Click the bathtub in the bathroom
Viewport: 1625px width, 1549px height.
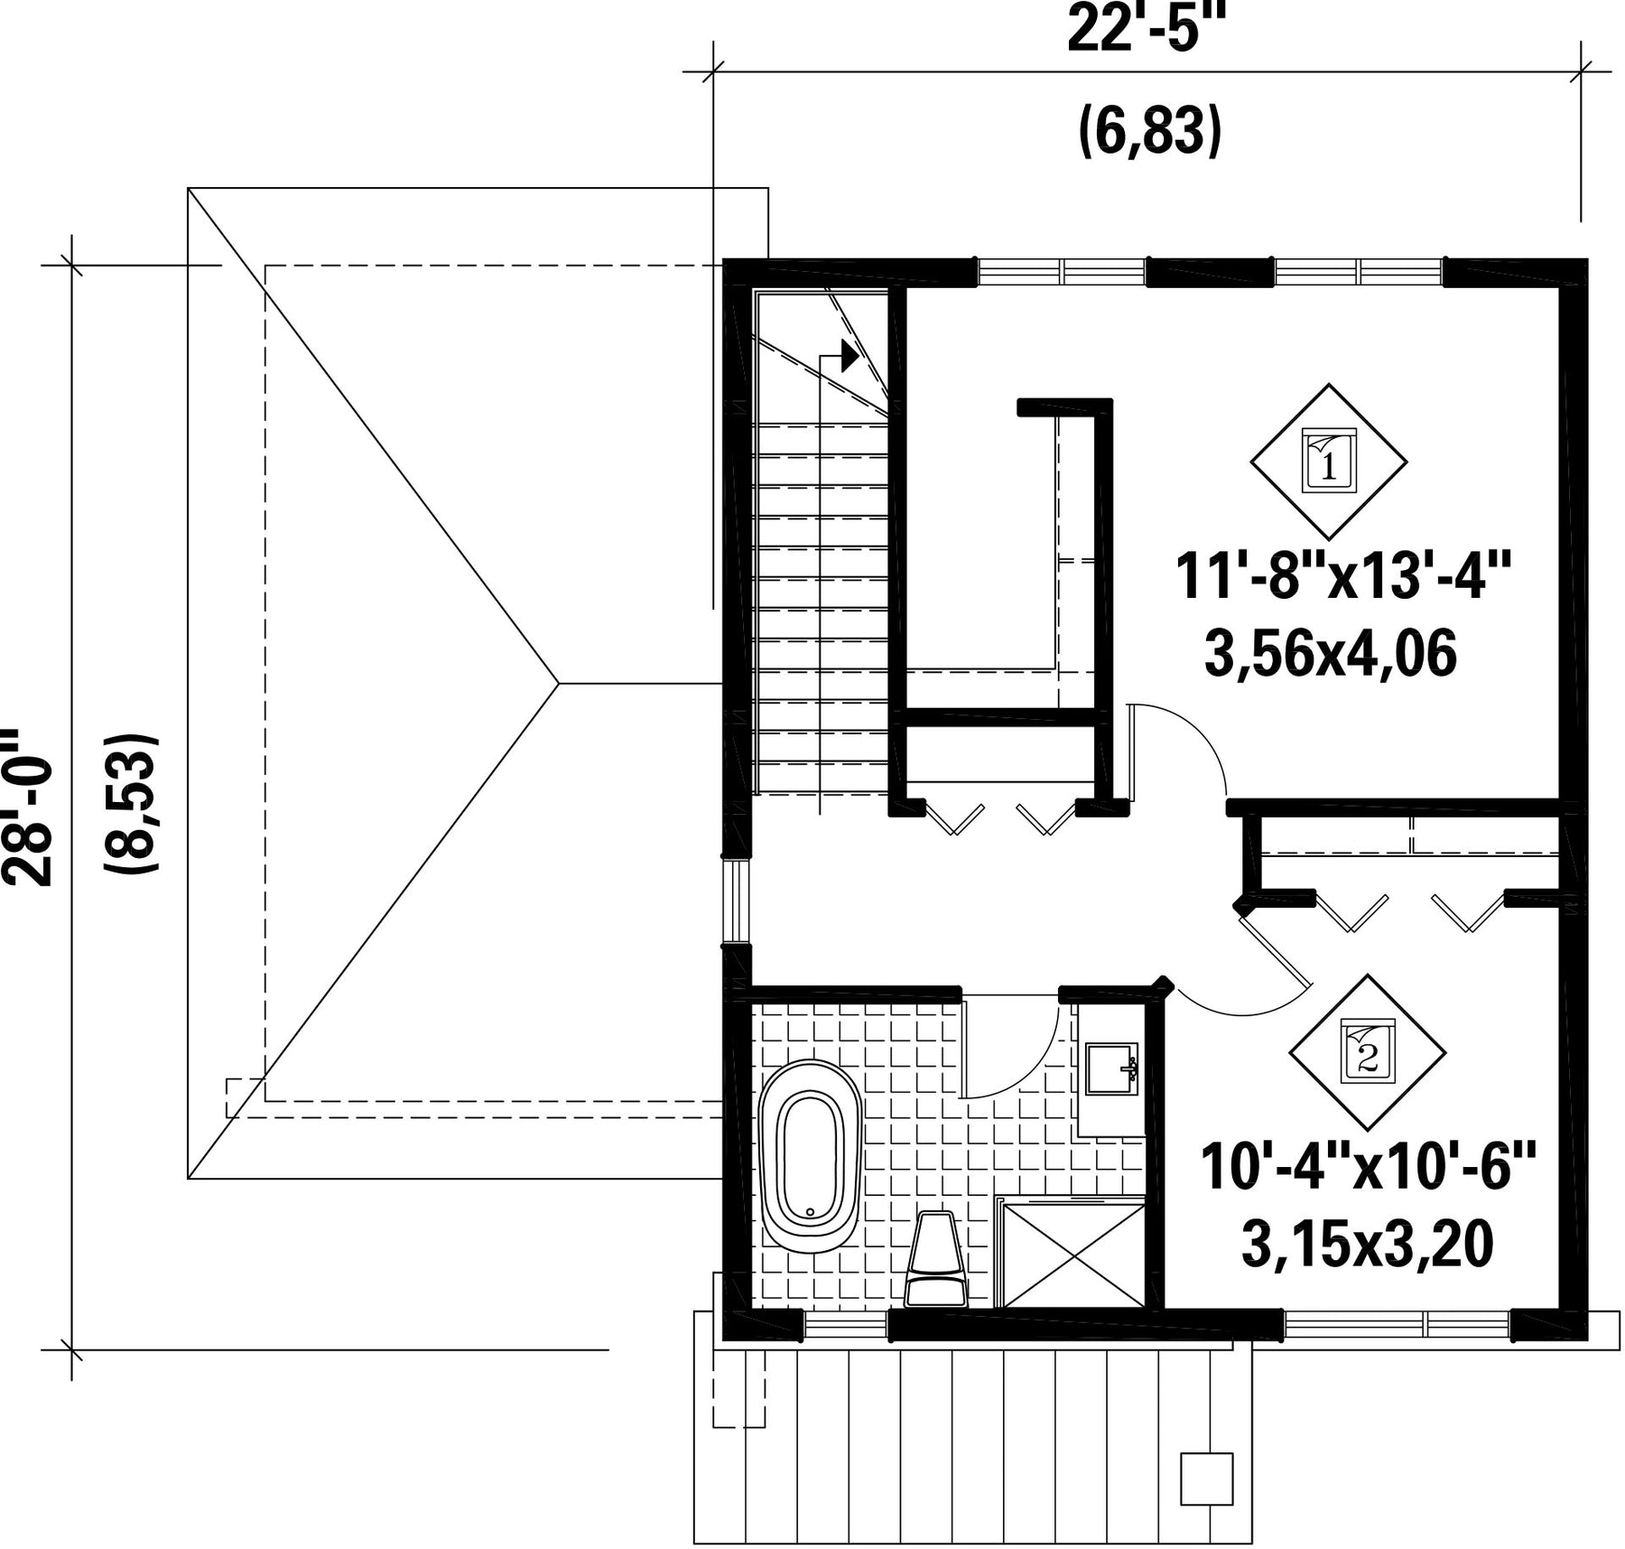[x=810, y=1157]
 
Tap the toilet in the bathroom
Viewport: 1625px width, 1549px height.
[x=936, y=1258]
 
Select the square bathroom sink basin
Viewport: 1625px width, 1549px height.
[x=1111, y=1069]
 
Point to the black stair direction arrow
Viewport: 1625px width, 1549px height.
[x=850, y=356]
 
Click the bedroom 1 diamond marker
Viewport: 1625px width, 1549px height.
[x=1328, y=461]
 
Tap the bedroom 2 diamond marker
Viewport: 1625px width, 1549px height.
[x=1367, y=1052]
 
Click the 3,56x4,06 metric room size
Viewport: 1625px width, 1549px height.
[x=1331, y=654]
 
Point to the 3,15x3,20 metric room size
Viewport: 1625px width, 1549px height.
[x=1367, y=1245]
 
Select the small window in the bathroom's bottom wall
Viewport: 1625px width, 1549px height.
[x=845, y=1325]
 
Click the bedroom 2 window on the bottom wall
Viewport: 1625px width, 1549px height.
[x=1397, y=1325]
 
